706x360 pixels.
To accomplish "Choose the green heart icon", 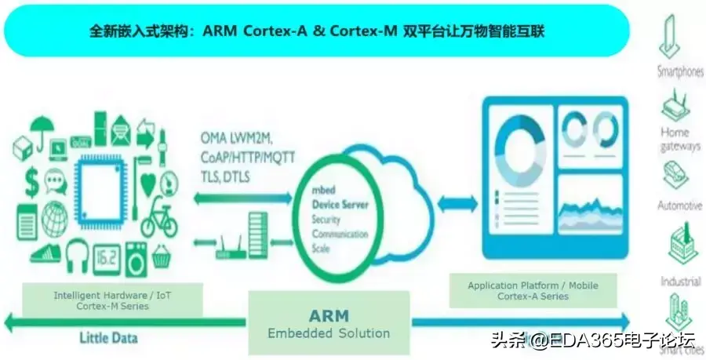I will click(148, 184).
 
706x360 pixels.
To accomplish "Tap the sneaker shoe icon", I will click(45, 253).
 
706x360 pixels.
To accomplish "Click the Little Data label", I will click(108, 339).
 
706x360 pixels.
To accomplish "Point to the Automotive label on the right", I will click(679, 205).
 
